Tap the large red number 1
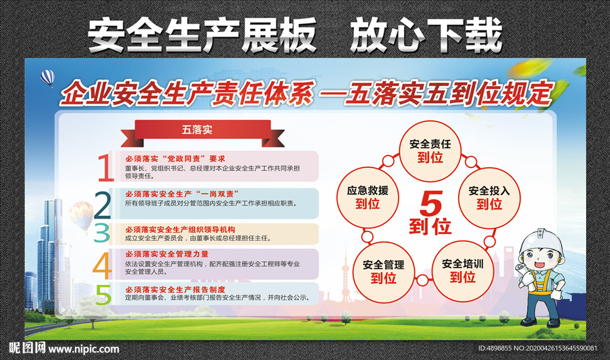coord(105,167)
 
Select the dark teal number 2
coord(102,204)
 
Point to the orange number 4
coord(102,266)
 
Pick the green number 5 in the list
coord(104,294)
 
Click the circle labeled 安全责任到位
coord(430,151)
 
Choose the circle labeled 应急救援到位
coord(367,197)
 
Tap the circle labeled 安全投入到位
coord(489,198)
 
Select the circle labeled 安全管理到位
coord(384,272)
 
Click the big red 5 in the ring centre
coord(431,203)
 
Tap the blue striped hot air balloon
coord(48,78)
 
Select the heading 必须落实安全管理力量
coord(167,254)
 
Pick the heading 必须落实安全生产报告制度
coord(175,290)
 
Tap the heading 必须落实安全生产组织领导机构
coord(180,229)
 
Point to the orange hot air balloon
coord(81,216)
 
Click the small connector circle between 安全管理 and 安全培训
coord(422,280)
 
